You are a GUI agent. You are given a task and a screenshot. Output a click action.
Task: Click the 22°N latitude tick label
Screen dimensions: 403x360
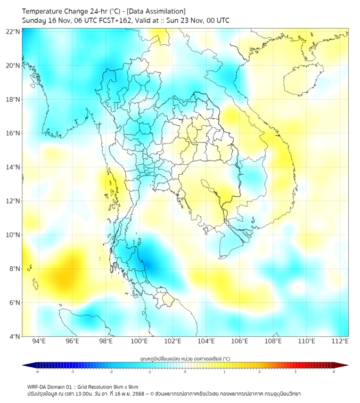tap(13, 31)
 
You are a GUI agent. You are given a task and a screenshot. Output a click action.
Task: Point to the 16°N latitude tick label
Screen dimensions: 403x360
tap(13, 133)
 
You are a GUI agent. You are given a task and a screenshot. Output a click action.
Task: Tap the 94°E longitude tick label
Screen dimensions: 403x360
tap(39, 341)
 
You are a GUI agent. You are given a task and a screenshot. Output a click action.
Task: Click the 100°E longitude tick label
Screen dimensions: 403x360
tap(140, 341)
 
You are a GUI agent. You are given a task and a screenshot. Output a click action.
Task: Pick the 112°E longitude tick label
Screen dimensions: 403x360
tap(340, 341)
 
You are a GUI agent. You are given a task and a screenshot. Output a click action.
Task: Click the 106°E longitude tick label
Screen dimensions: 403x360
tap(240, 341)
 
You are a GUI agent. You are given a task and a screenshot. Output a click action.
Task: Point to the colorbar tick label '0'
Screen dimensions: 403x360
tap(185, 372)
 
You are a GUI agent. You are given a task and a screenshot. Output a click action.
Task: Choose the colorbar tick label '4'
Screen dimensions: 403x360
tap(334, 372)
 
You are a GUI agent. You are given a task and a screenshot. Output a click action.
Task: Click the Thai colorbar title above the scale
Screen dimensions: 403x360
tap(185, 358)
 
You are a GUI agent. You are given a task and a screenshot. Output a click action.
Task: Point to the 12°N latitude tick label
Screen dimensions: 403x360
tap(13, 201)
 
